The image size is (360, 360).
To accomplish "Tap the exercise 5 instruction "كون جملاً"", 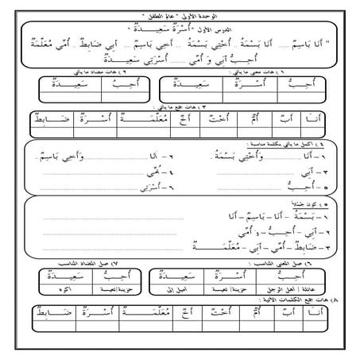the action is point(314,205).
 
